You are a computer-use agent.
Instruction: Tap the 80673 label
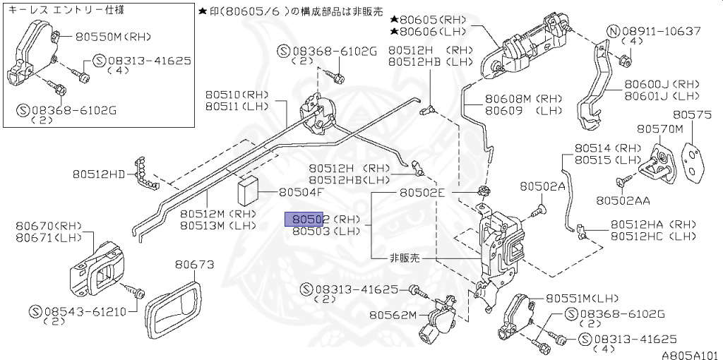pos(194,265)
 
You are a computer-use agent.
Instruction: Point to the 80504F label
pos(301,192)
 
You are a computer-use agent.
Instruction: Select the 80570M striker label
pos(660,129)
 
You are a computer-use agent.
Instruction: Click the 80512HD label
pos(98,173)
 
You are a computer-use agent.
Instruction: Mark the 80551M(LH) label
pos(571,299)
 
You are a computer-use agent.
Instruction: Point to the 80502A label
pos(543,186)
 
